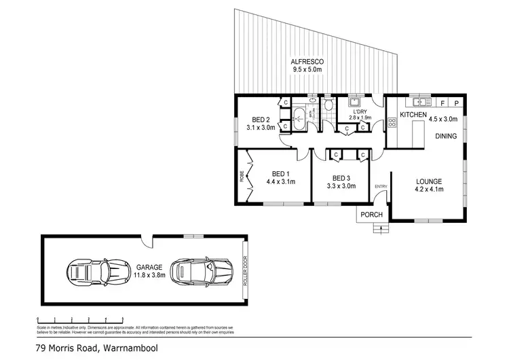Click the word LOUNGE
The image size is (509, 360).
click(429, 181)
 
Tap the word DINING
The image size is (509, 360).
click(445, 136)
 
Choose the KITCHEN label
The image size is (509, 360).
click(413, 115)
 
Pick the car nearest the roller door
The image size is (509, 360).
click(197, 272)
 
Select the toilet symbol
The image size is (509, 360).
click(328, 105)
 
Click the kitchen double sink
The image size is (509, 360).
click(421, 103)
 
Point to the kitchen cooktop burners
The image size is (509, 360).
click(392, 122)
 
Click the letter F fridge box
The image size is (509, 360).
click(443, 103)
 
